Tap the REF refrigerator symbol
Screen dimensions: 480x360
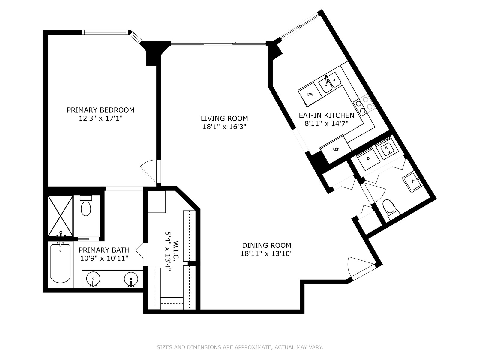pos(336,149)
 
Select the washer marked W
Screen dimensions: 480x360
pos(387,148)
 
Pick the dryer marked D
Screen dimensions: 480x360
pos(368,159)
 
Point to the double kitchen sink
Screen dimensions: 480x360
pos(330,83)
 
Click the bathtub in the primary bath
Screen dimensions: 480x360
pos(60,263)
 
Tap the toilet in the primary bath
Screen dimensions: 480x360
pos(86,206)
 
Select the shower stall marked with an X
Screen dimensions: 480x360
pos(60,216)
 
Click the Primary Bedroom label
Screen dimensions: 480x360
pos(100,110)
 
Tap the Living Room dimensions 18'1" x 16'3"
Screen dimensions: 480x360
pos(224,127)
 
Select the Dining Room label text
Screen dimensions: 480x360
pos(267,245)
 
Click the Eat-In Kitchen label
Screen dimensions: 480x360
pos(326,115)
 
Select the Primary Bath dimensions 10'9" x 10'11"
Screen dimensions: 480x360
pos(104,259)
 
